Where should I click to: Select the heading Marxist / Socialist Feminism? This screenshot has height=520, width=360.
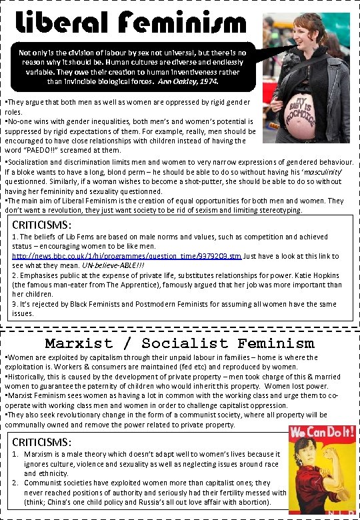(179, 343)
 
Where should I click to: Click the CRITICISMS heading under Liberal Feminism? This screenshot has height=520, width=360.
(44, 225)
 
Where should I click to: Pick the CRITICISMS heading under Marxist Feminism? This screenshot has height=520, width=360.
(44, 442)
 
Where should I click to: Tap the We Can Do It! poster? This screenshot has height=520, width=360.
(321, 470)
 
